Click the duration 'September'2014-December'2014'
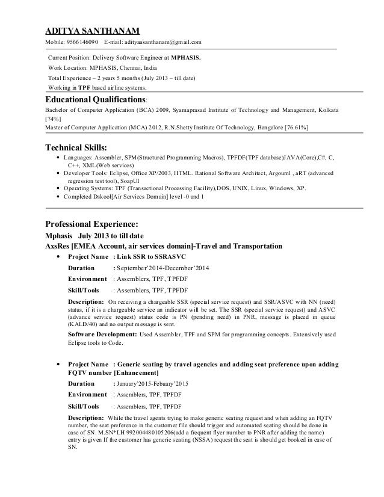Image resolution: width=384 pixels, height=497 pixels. coord(162,267)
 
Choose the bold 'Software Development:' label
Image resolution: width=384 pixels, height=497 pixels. coord(102,334)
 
